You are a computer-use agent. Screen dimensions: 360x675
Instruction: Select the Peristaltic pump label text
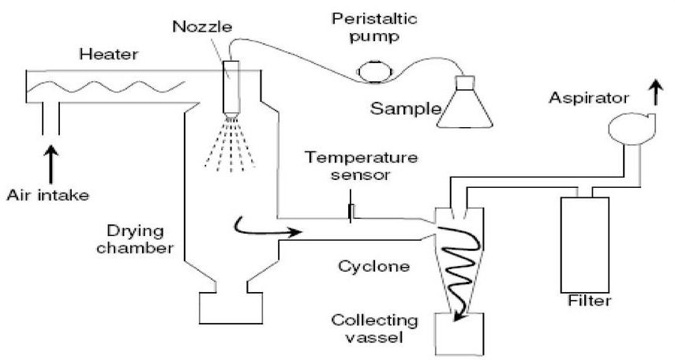point(367,27)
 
